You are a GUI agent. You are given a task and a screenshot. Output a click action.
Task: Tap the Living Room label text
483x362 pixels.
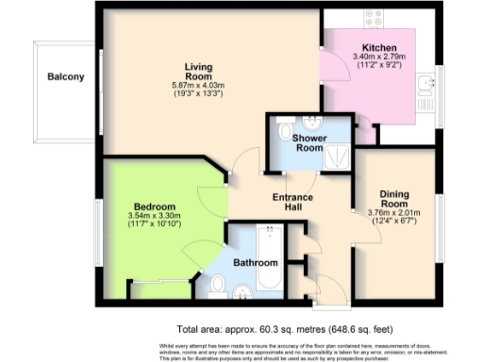click(197, 71)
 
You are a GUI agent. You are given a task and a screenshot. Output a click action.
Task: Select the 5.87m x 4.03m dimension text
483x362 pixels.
click(197, 87)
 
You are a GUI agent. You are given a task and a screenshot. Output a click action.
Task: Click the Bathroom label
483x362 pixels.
click(255, 262)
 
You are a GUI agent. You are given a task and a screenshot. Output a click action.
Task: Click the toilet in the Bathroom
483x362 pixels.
click(217, 284)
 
